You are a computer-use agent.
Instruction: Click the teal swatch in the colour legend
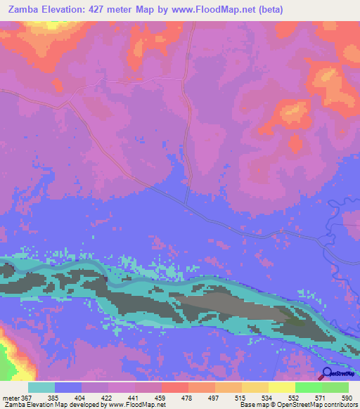pos(41,387)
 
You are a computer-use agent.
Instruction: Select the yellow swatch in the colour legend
pos(281,387)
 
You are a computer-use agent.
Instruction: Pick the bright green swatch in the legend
pos(308,387)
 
